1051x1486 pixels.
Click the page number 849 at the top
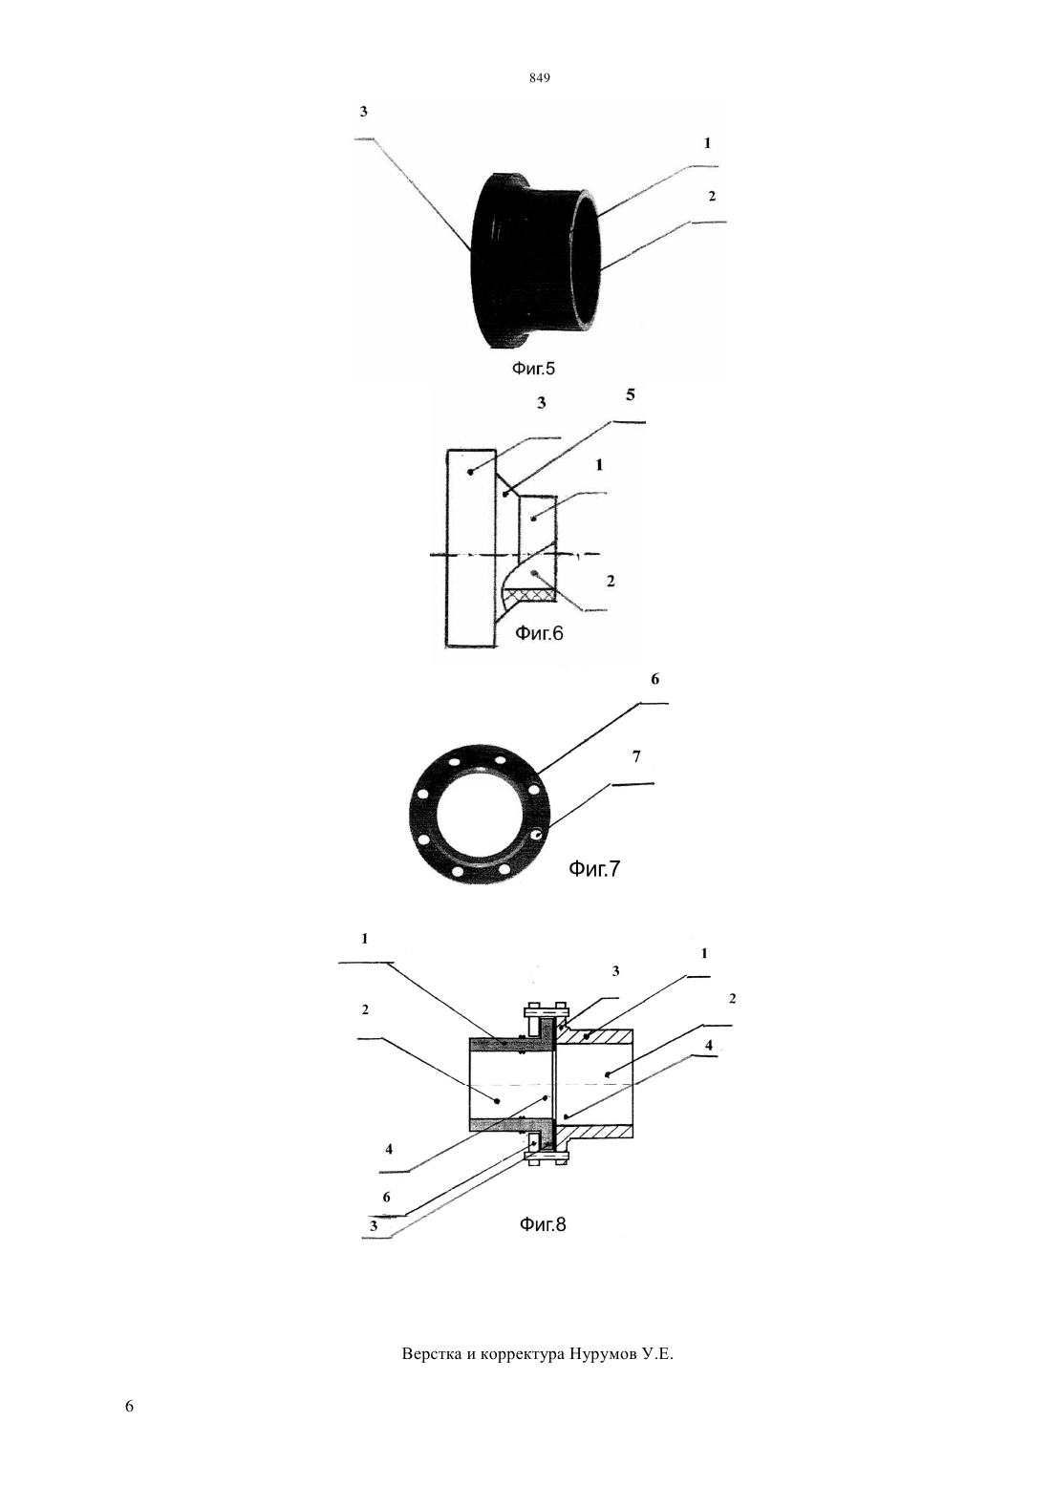540,78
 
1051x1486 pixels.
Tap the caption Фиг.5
533,368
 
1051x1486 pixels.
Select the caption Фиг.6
539,633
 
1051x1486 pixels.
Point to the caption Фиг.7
594,868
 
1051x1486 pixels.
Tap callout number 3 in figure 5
364,112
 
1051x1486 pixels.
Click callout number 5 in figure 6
631,394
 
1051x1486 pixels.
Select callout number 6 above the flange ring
654,679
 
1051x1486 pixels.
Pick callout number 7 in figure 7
636,756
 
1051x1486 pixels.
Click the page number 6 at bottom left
129,1407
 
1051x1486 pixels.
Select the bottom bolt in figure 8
547,1157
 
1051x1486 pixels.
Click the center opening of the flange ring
479,813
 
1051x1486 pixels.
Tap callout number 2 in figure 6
611,582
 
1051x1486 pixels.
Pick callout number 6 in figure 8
386,1198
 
